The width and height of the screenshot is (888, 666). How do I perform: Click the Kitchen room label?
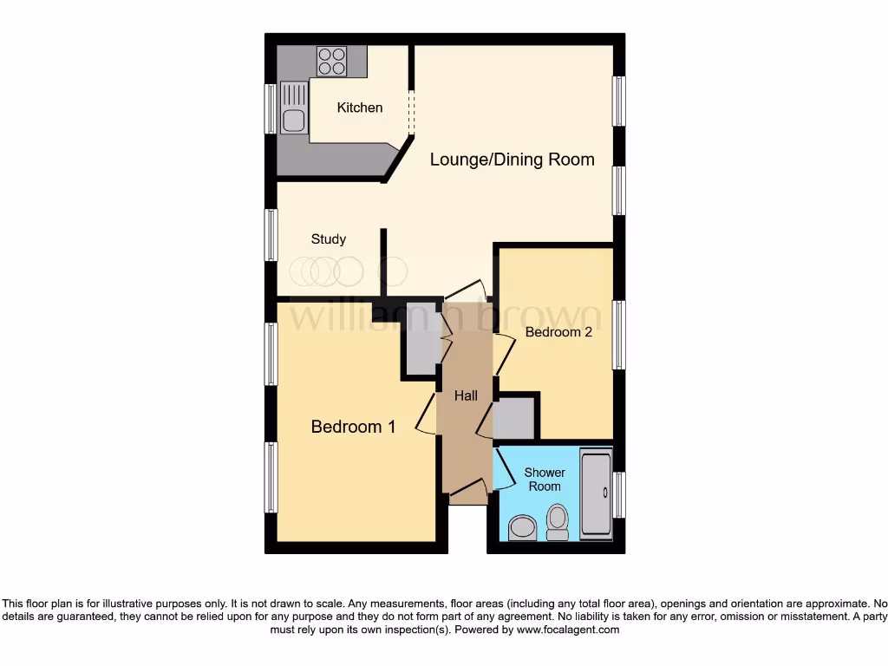click(360, 108)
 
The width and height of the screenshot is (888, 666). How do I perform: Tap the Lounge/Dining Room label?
click(512, 159)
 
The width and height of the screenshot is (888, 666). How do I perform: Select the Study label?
click(329, 238)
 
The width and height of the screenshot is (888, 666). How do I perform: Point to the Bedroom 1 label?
click(353, 427)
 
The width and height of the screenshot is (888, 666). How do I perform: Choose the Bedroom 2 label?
click(558, 332)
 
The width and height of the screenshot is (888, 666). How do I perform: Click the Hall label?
click(467, 395)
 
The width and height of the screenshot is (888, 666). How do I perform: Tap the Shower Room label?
click(545, 480)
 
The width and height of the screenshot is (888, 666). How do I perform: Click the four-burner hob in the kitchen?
click(331, 60)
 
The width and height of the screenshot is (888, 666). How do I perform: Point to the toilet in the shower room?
click(558, 522)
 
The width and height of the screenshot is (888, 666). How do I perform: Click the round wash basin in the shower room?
click(522, 527)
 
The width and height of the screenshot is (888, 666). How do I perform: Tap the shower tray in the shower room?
click(595, 493)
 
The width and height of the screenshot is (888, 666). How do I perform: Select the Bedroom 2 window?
click(618, 334)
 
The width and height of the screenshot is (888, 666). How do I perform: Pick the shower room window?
click(618, 494)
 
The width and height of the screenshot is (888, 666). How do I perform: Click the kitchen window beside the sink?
click(271, 109)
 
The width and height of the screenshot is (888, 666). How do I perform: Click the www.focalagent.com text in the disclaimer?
click(567, 630)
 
